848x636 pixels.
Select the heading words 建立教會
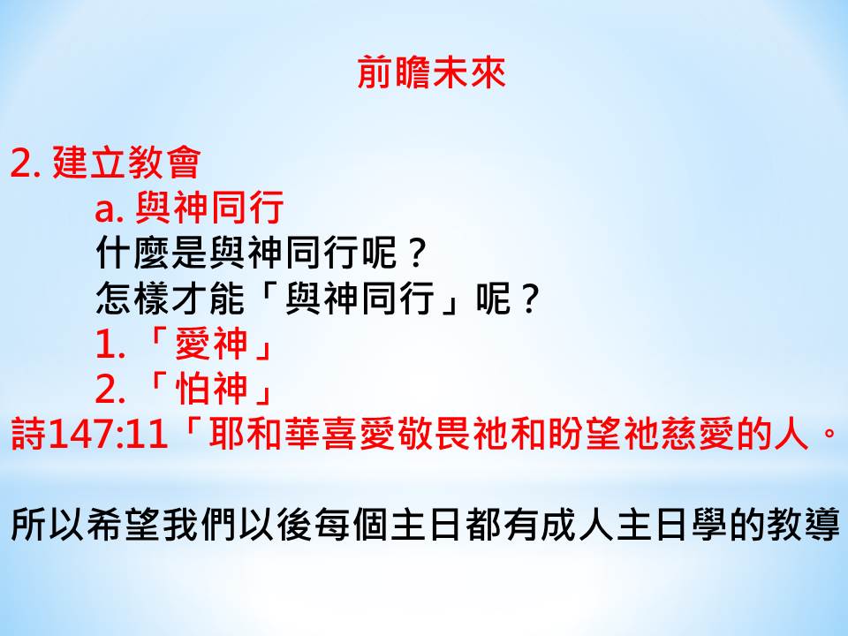[x=126, y=163]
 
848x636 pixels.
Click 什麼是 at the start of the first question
[x=152, y=253]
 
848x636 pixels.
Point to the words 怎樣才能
[x=170, y=298]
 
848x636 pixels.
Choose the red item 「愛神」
[x=210, y=344]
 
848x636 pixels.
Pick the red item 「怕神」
[x=210, y=389]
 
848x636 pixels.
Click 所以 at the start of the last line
[x=48, y=525]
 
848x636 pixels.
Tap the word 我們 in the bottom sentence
[x=199, y=525]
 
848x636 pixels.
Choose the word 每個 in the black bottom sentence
[x=350, y=525]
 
